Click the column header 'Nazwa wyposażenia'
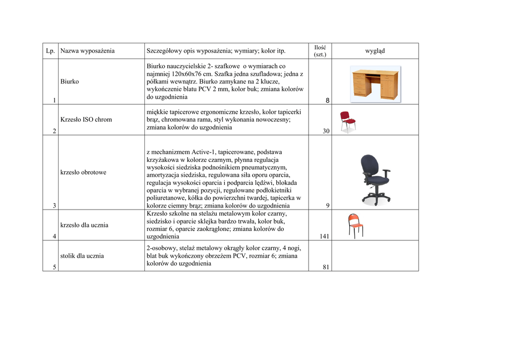(87, 51)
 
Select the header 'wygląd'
(375, 51)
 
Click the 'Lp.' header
(50, 51)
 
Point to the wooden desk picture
(375, 84)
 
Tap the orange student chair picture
(355, 226)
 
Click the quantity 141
(324, 236)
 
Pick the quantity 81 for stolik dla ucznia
(326, 267)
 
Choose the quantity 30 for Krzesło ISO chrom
(326, 131)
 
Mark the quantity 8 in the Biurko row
(327, 101)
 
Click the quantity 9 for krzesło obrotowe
(328, 206)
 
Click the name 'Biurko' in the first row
(69, 81)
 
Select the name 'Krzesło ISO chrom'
(86, 120)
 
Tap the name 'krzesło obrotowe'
(83, 172)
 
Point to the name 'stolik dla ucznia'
(82, 256)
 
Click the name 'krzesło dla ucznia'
(84, 225)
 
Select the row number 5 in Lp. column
(54, 267)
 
